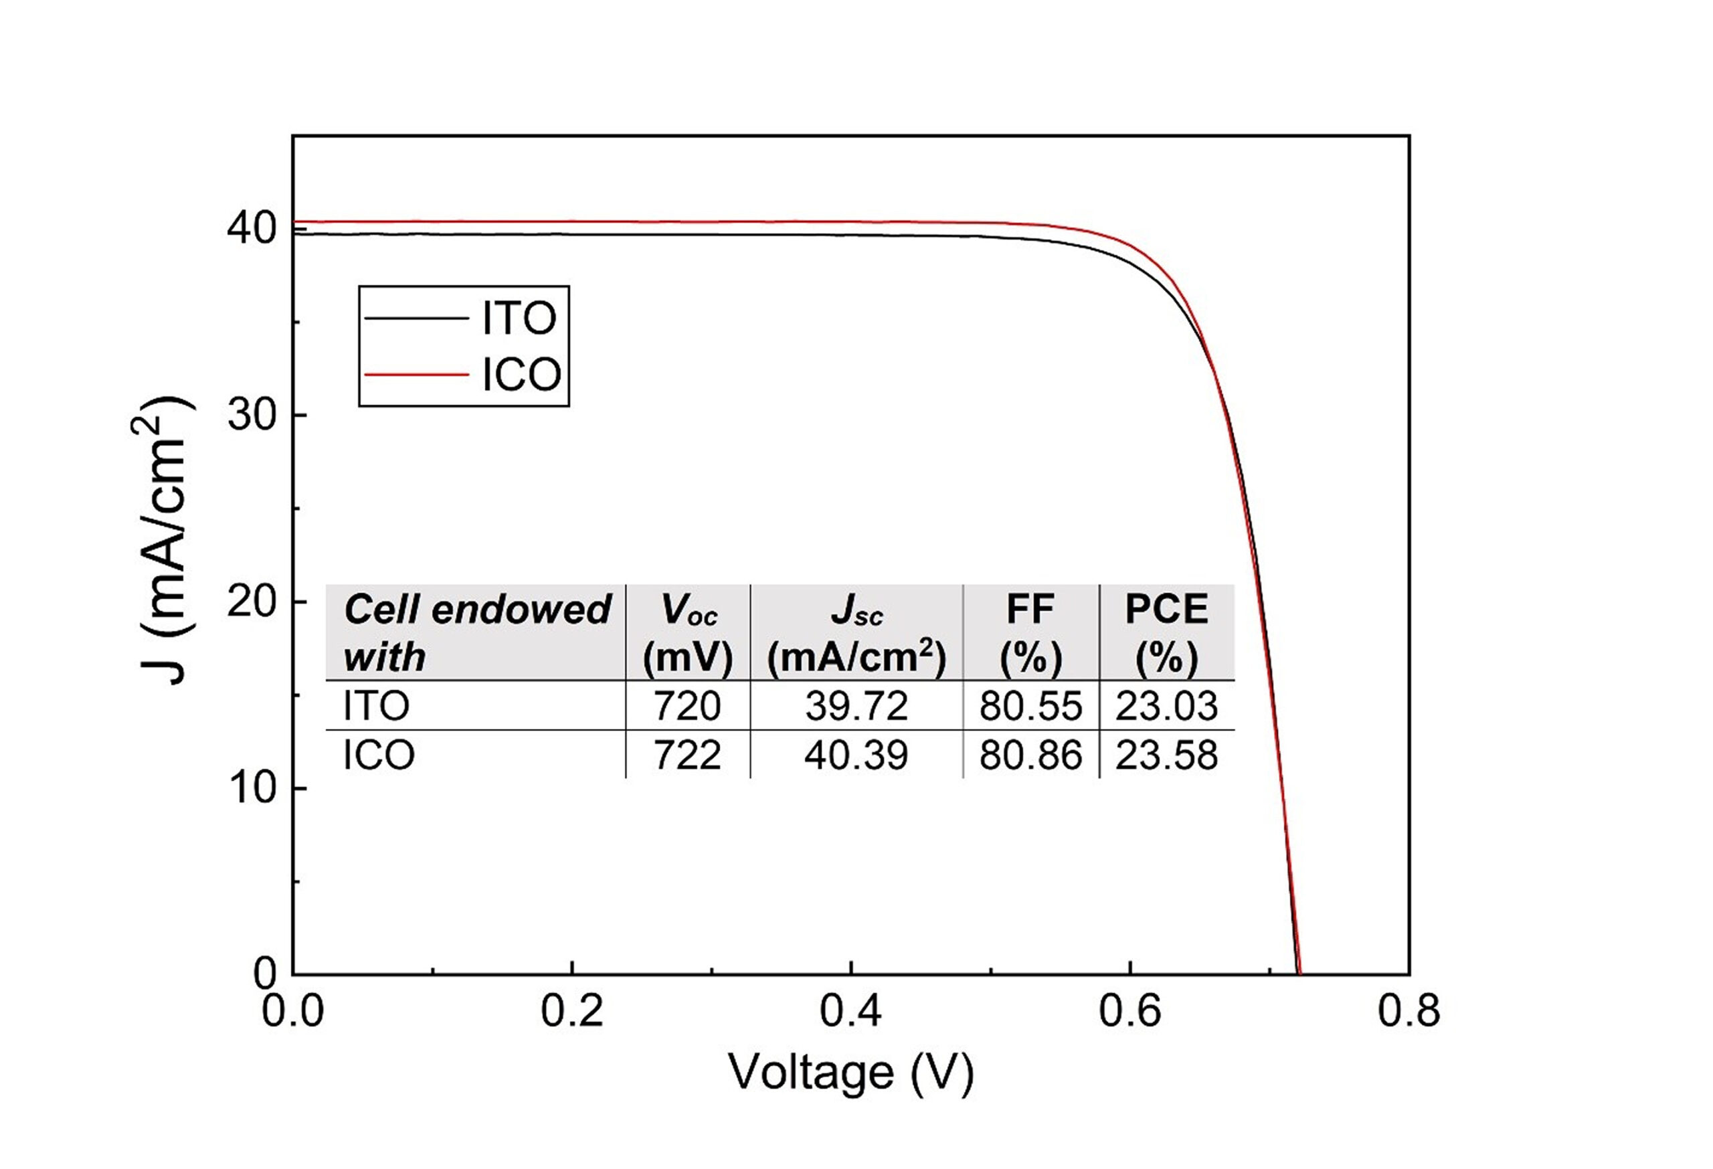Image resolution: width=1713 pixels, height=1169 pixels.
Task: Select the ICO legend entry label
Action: (x=521, y=375)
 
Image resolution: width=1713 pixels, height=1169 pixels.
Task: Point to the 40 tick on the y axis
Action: (x=252, y=230)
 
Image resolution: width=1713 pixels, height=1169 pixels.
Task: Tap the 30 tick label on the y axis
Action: (x=252, y=416)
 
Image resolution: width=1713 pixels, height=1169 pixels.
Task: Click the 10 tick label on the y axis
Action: (x=252, y=789)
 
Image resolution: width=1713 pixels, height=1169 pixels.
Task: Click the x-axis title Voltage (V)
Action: (x=851, y=1073)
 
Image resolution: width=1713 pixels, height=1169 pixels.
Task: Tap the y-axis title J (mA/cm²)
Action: (x=164, y=542)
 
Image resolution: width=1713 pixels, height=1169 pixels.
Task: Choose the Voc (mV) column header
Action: (x=688, y=632)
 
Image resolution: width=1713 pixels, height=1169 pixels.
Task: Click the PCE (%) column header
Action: (x=1166, y=632)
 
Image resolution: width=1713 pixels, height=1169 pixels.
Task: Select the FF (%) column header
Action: (x=1030, y=632)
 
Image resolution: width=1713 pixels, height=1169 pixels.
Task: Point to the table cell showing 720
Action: (x=687, y=706)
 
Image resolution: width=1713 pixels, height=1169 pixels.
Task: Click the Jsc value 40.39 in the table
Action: (x=856, y=755)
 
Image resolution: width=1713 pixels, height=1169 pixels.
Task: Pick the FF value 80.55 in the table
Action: (x=1030, y=706)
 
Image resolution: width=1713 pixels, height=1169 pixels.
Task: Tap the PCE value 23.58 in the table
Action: (x=1166, y=755)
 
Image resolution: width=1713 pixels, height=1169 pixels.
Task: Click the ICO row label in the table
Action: (x=379, y=755)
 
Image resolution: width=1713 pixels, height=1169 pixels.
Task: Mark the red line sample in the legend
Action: (x=416, y=375)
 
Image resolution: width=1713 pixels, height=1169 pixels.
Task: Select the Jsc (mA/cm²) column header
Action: (x=856, y=632)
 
